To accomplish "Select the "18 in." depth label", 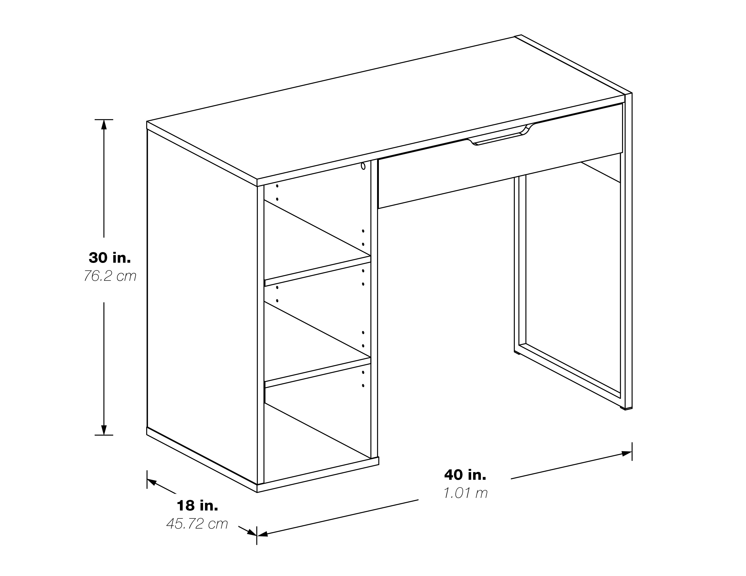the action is tap(197, 506).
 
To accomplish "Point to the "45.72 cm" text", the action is tap(197, 524).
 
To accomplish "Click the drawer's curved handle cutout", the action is tap(499, 136).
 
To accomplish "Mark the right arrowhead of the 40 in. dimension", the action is tap(626, 454).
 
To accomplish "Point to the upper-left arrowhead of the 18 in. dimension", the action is tap(152, 482).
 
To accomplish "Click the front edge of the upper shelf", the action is tap(318, 271).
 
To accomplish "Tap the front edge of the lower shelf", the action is tap(318, 373).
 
